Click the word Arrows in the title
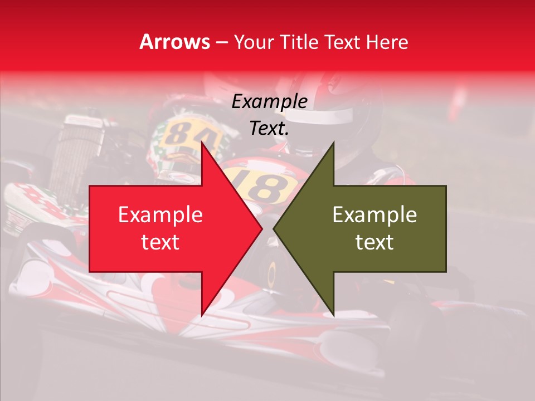(x=174, y=42)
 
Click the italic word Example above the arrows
(x=269, y=102)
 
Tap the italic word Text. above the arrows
(x=269, y=128)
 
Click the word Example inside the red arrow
(x=160, y=215)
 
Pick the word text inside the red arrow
(x=160, y=242)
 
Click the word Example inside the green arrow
(x=374, y=215)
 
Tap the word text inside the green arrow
(x=374, y=242)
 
